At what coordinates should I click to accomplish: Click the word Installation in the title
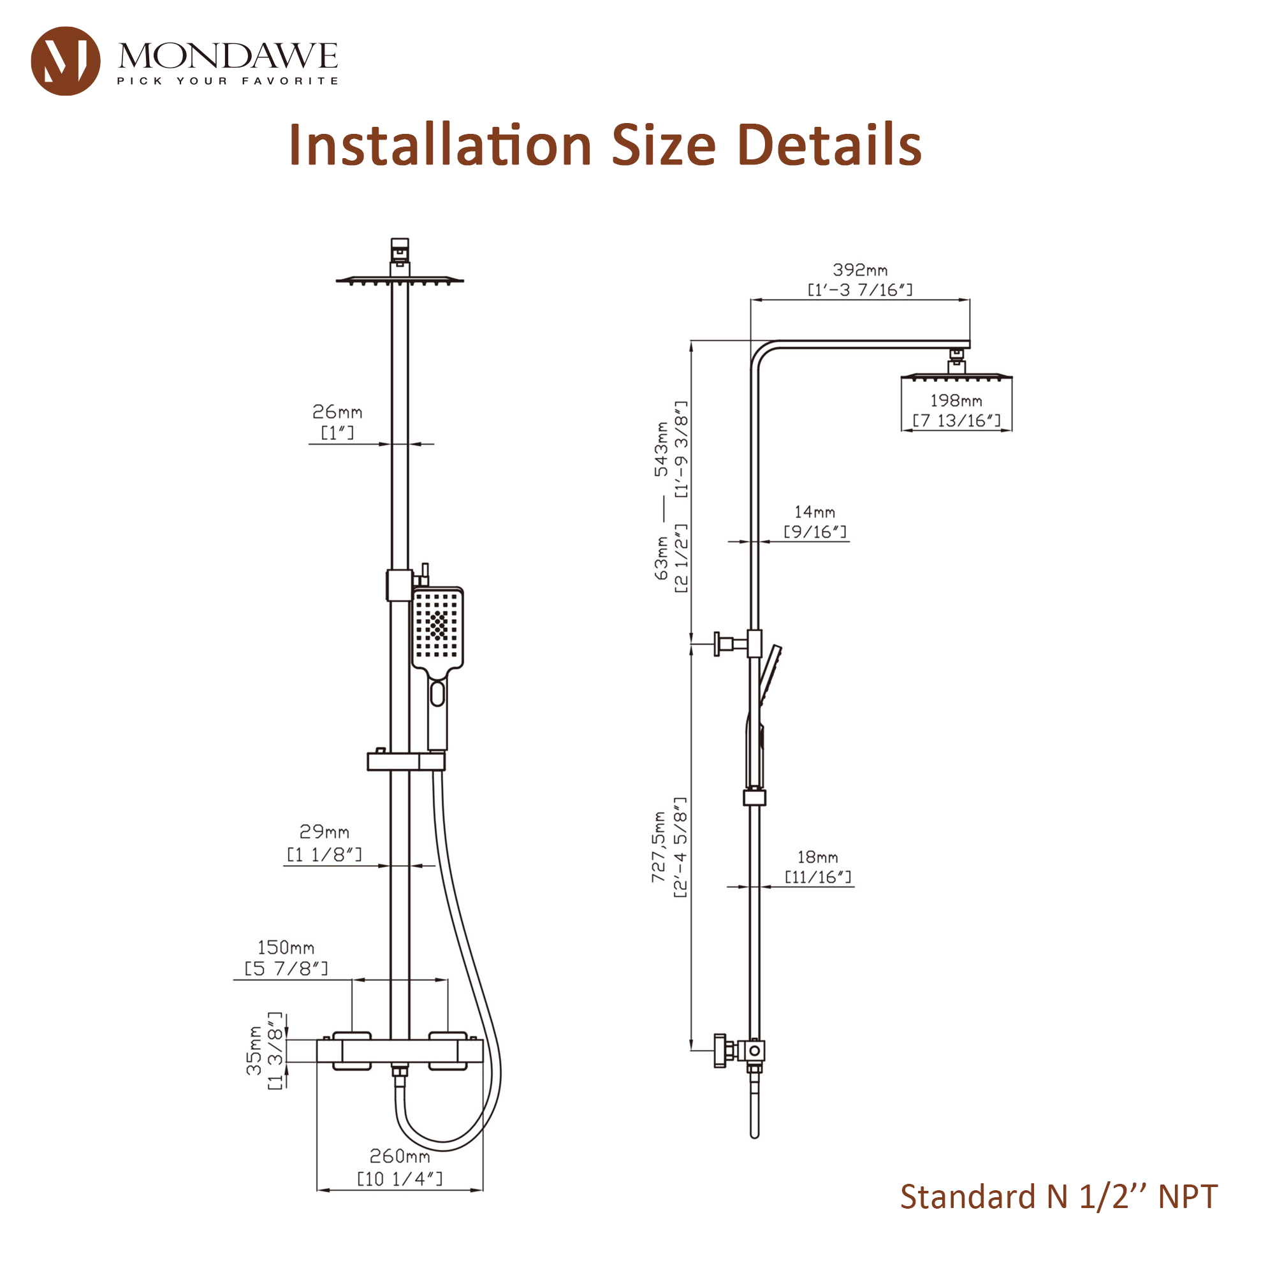click(x=439, y=145)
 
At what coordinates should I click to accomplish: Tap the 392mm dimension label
click(x=860, y=270)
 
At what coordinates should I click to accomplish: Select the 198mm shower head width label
click(x=956, y=400)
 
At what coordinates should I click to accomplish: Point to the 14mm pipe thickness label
click(x=814, y=512)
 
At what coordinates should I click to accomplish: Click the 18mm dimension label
click(x=818, y=857)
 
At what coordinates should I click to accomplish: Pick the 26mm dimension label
click(x=337, y=412)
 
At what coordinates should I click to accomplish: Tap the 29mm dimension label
click(x=324, y=831)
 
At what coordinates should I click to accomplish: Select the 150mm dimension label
click(x=286, y=948)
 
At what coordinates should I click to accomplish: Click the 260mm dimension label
click(x=399, y=1156)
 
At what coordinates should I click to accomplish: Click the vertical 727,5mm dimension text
click(x=659, y=847)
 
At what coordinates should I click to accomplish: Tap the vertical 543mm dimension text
click(x=660, y=449)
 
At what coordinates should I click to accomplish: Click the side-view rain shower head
click(x=956, y=377)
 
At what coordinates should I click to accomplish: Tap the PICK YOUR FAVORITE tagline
click(x=228, y=81)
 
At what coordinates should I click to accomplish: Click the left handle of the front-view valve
click(x=352, y=1051)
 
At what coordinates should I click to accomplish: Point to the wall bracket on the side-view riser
click(x=732, y=643)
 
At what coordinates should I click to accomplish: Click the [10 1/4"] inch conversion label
click(x=399, y=1179)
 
